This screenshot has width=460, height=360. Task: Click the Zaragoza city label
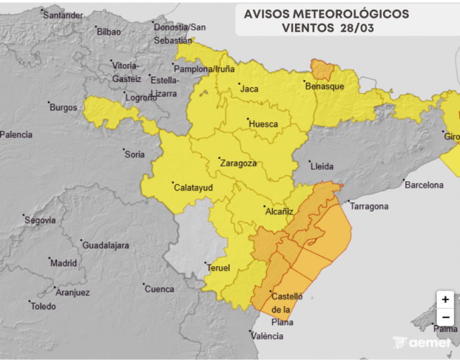(x=239, y=163)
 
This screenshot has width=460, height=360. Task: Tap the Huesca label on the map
(x=263, y=124)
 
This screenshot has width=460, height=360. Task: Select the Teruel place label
(x=218, y=268)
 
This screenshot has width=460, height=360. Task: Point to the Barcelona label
(x=424, y=185)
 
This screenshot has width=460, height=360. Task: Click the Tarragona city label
(x=369, y=206)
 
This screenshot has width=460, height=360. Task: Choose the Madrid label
(x=64, y=263)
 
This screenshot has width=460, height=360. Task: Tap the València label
(x=267, y=336)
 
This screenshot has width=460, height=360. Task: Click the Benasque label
(x=325, y=86)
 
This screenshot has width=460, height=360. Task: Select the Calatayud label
(x=191, y=187)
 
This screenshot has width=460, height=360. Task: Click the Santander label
(x=63, y=15)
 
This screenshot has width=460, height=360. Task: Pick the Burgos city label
(x=63, y=107)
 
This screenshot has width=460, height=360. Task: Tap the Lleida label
(x=322, y=166)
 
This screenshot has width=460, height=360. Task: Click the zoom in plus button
(x=446, y=299)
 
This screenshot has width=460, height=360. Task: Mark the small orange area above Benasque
(x=322, y=68)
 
